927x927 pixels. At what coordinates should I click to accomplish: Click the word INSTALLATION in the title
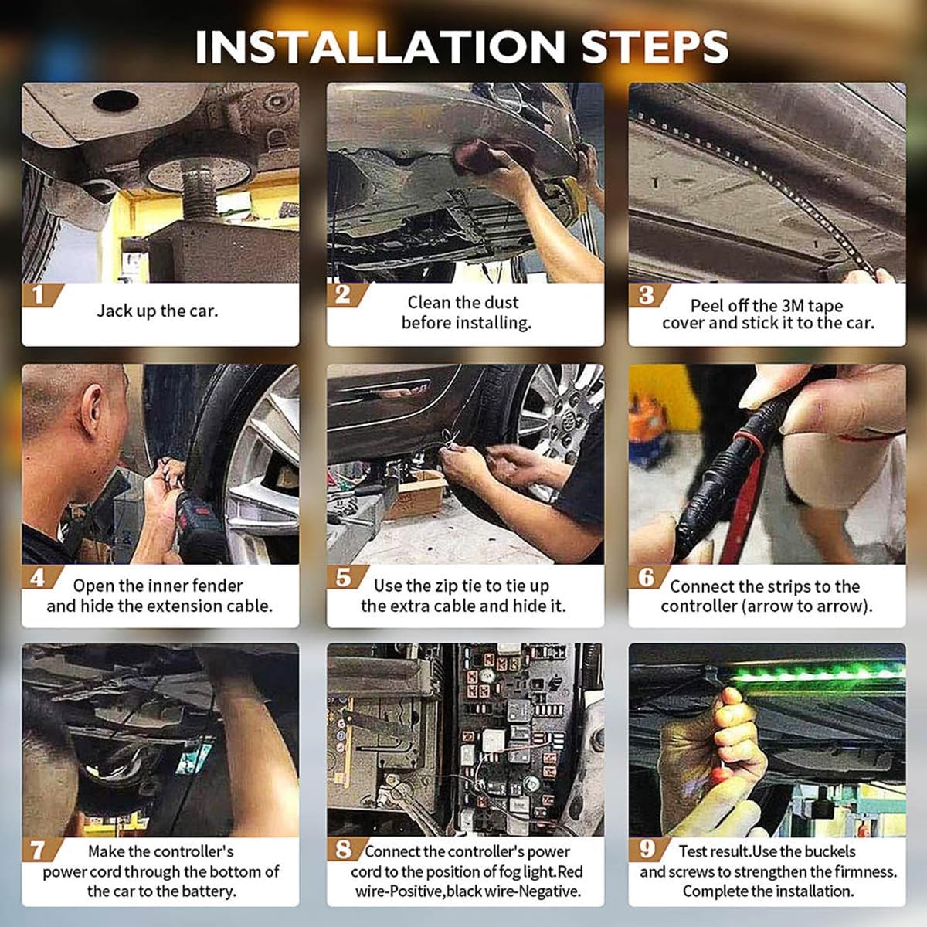pos(379,46)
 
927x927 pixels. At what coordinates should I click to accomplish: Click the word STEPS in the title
pos(655,46)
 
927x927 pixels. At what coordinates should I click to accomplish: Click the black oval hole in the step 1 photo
pos(116,100)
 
